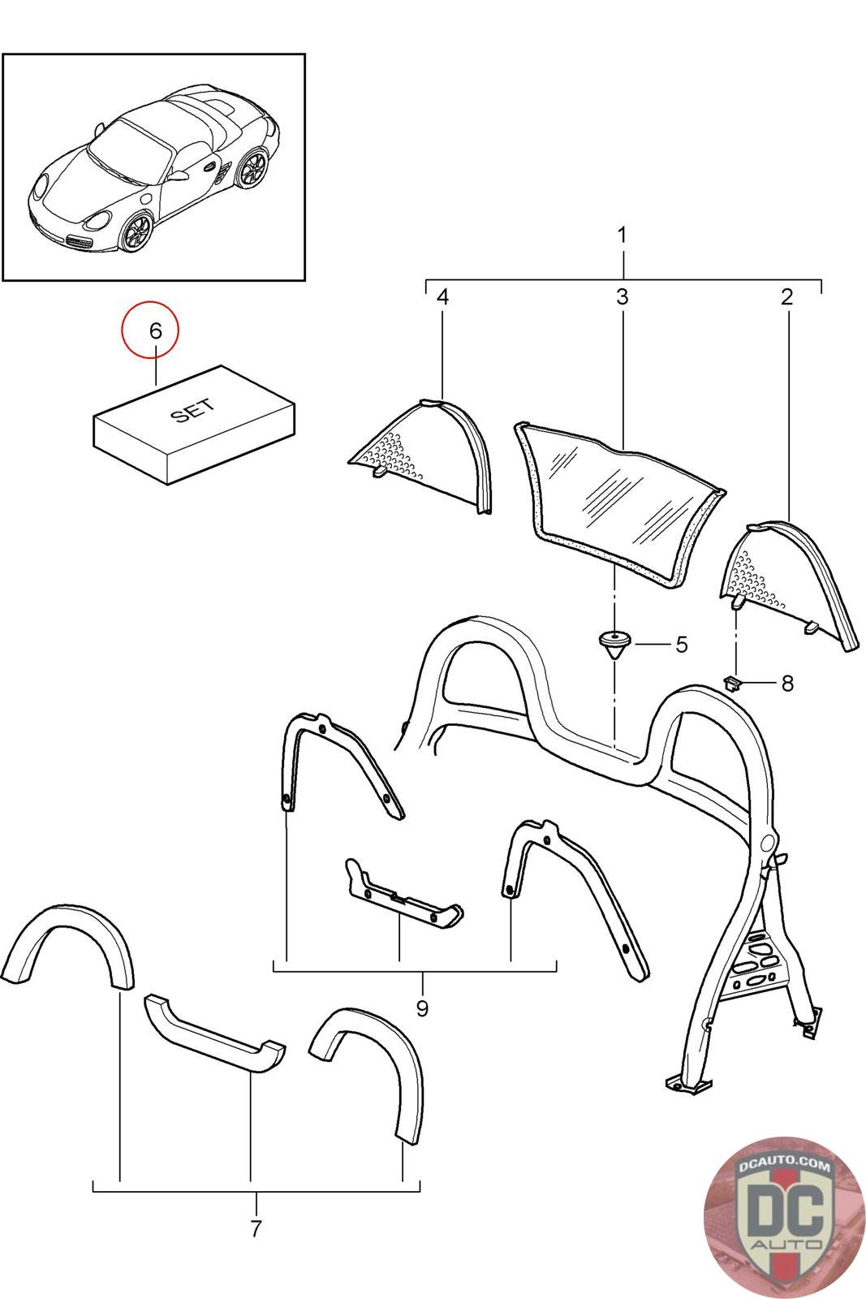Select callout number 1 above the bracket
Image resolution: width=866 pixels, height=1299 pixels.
(x=622, y=236)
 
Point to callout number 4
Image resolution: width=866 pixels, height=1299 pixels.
(x=442, y=297)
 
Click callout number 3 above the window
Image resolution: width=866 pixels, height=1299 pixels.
(x=622, y=297)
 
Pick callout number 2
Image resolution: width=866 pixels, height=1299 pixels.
(x=786, y=297)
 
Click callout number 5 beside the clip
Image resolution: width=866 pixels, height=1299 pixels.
(x=681, y=645)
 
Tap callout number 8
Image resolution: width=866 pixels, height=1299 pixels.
(x=786, y=684)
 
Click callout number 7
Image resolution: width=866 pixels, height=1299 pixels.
(x=256, y=1229)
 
